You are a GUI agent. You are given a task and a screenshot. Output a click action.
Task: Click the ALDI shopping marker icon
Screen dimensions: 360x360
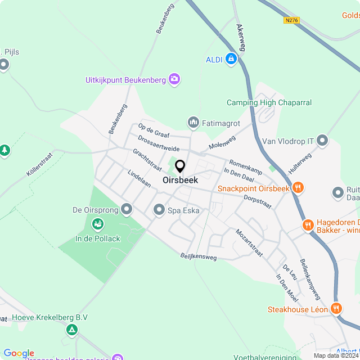(x=231, y=58)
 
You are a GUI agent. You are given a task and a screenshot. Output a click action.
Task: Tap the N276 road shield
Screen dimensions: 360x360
(x=291, y=20)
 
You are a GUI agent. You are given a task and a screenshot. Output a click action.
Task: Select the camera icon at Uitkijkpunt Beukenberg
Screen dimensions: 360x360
(x=174, y=79)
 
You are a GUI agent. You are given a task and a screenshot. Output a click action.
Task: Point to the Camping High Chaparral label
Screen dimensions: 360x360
(x=269, y=102)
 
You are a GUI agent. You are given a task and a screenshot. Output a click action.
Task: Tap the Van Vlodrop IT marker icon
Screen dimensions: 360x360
(x=322, y=139)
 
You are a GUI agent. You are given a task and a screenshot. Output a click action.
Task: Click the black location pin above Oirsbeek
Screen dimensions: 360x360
(x=180, y=166)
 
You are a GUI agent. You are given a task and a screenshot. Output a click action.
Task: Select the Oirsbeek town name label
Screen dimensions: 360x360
(x=180, y=181)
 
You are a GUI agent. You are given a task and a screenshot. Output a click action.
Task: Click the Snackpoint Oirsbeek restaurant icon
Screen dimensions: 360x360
(x=298, y=188)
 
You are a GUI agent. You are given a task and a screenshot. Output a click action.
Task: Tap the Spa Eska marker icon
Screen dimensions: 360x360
(x=159, y=210)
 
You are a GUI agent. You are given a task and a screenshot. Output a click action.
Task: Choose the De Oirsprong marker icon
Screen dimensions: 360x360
(x=127, y=210)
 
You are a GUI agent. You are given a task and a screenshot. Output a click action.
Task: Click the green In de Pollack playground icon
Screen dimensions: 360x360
(x=97, y=225)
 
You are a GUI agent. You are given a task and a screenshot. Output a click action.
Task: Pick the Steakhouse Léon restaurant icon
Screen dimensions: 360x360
(x=336, y=308)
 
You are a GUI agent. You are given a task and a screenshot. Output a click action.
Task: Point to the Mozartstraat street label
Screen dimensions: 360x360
(x=249, y=243)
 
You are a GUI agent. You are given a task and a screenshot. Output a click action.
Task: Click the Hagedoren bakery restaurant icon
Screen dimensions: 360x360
(x=308, y=225)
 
